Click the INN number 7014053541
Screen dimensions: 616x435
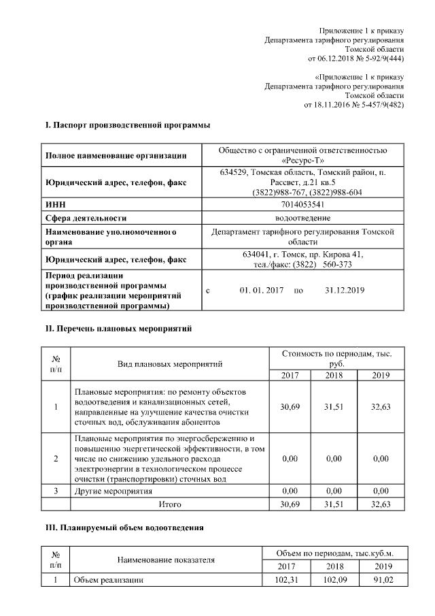click(x=302, y=204)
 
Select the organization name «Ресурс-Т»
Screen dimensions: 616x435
click(x=302, y=160)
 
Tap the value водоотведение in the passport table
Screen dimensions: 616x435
click(x=302, y=218)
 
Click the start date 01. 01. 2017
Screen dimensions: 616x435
click(x=261, y=291)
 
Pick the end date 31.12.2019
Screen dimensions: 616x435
click(x=345, y=291)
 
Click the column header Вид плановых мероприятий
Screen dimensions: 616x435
click(x=171, y=365)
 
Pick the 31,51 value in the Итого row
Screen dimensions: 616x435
click(x=334, y=504)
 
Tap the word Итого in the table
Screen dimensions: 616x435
click(x=171, y=504)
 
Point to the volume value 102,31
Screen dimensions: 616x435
click(x=289, y=580)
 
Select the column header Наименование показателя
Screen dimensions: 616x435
click(x=166, y=560)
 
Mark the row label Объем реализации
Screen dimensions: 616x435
click(x=108, y=580)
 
